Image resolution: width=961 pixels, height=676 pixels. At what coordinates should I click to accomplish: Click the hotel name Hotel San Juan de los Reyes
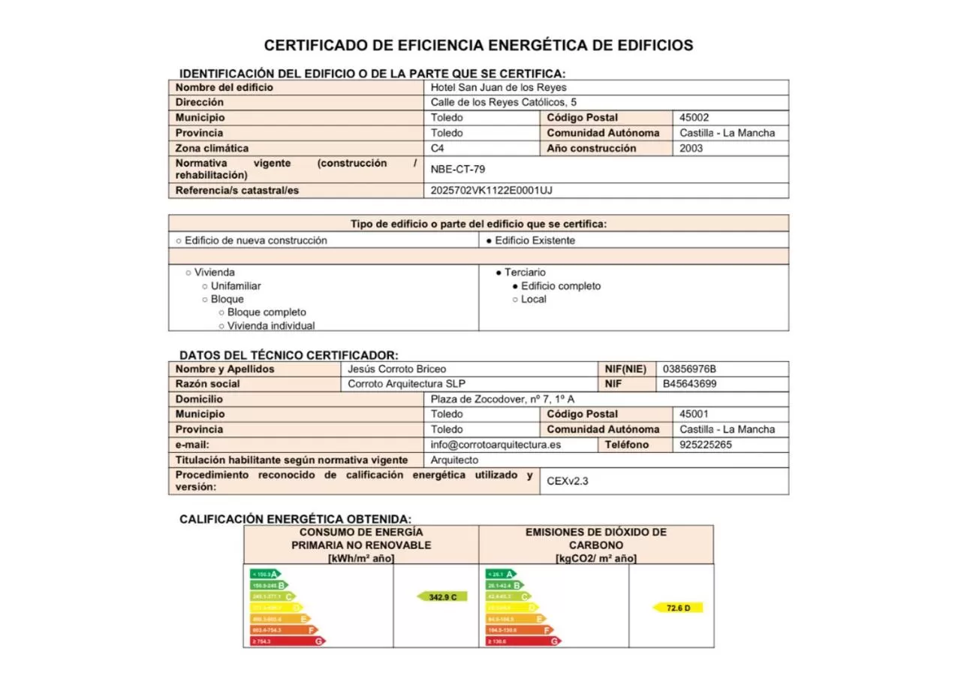[499, 87]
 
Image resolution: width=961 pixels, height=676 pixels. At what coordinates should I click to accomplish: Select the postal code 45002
[694, 118]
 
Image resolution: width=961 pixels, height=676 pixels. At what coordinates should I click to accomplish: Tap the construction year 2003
[691, 149]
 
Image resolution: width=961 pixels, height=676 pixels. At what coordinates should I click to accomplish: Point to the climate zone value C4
[438, 149]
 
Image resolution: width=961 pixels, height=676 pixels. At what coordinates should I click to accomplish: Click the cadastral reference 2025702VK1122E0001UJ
[491, 191]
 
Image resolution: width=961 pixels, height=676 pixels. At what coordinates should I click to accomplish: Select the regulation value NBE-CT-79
[457, 170]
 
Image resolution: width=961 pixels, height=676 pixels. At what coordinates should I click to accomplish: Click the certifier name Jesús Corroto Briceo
[396, 370]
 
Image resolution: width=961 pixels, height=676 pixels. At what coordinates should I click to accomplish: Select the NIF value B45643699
[689, 385]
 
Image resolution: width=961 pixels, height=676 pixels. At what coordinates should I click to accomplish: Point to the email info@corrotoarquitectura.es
[496, 445]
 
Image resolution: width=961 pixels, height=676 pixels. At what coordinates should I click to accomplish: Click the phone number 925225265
[705, 445]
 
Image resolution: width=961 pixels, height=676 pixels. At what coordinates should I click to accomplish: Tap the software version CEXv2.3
[568, 481]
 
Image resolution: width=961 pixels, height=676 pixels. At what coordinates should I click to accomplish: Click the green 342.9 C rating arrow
[442, 596]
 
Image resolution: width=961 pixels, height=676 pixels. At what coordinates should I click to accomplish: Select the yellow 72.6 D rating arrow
[678, 608]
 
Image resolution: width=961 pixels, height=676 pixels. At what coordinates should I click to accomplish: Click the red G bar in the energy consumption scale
[288, 641]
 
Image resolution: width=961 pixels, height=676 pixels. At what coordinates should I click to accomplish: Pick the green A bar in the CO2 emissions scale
[501, 574]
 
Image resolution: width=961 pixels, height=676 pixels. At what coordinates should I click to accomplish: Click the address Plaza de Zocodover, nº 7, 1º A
[502, 400]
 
